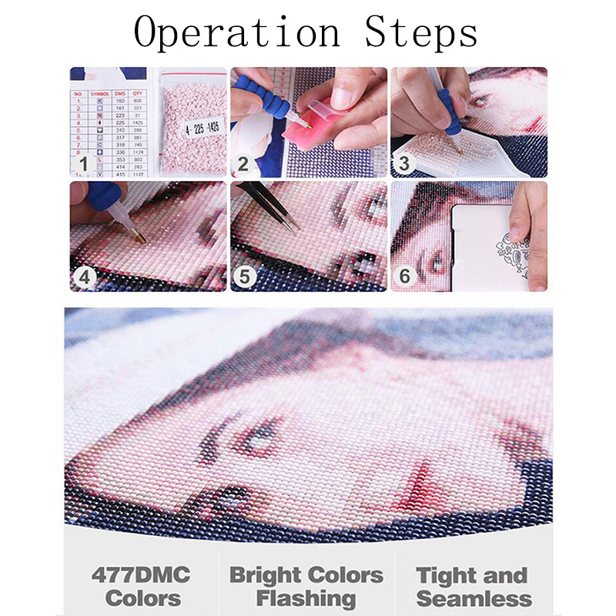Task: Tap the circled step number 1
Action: coord(84,162)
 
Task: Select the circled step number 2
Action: coord(244,162)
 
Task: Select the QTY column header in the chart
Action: coord(139,92)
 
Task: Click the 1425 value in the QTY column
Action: coord(139,122)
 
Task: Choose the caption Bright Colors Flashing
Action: coord(306,586)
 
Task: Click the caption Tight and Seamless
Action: coord(474,586)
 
